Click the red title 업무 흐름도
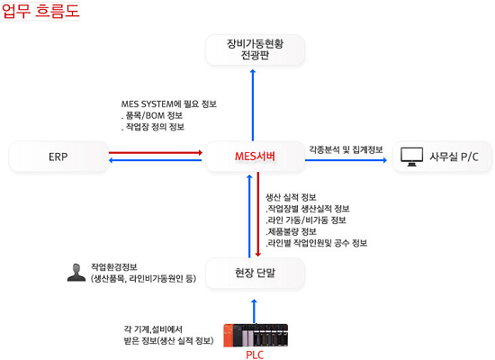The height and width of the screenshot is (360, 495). [x=40, y=11]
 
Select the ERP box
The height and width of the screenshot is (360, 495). [x=58, y=157]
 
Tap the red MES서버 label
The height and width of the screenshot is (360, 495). [x=255, y=157]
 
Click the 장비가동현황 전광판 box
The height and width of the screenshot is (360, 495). [x=255, y=49]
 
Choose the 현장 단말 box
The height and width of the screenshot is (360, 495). [x=255, y=273]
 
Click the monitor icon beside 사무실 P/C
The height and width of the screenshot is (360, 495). [x=411, y=157]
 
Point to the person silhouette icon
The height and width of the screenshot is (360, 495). [x=76, y=272]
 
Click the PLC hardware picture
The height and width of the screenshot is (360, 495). [x=256, y=336]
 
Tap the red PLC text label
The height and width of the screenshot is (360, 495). [x=255, y=355]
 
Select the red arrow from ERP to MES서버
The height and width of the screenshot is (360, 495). [x=156, y=152]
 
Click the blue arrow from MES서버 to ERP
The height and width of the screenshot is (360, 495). [x=156, y=160]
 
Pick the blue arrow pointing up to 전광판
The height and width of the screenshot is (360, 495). [x=253, y=104]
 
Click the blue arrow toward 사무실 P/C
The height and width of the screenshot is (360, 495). [x=346, y=160]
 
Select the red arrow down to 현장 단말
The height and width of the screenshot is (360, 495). [x=258, y=214]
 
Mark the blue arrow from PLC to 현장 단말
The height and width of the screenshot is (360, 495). [x=255, y=311]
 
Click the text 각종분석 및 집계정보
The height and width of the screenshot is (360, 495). [x=346, y=149]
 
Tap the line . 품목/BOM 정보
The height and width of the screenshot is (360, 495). [x=152, y=115]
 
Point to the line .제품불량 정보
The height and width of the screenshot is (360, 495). [x=291, y=231]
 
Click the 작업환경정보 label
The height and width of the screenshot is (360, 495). [x=114, y=266]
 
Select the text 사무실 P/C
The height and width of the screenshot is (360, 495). [x=454, y=157]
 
